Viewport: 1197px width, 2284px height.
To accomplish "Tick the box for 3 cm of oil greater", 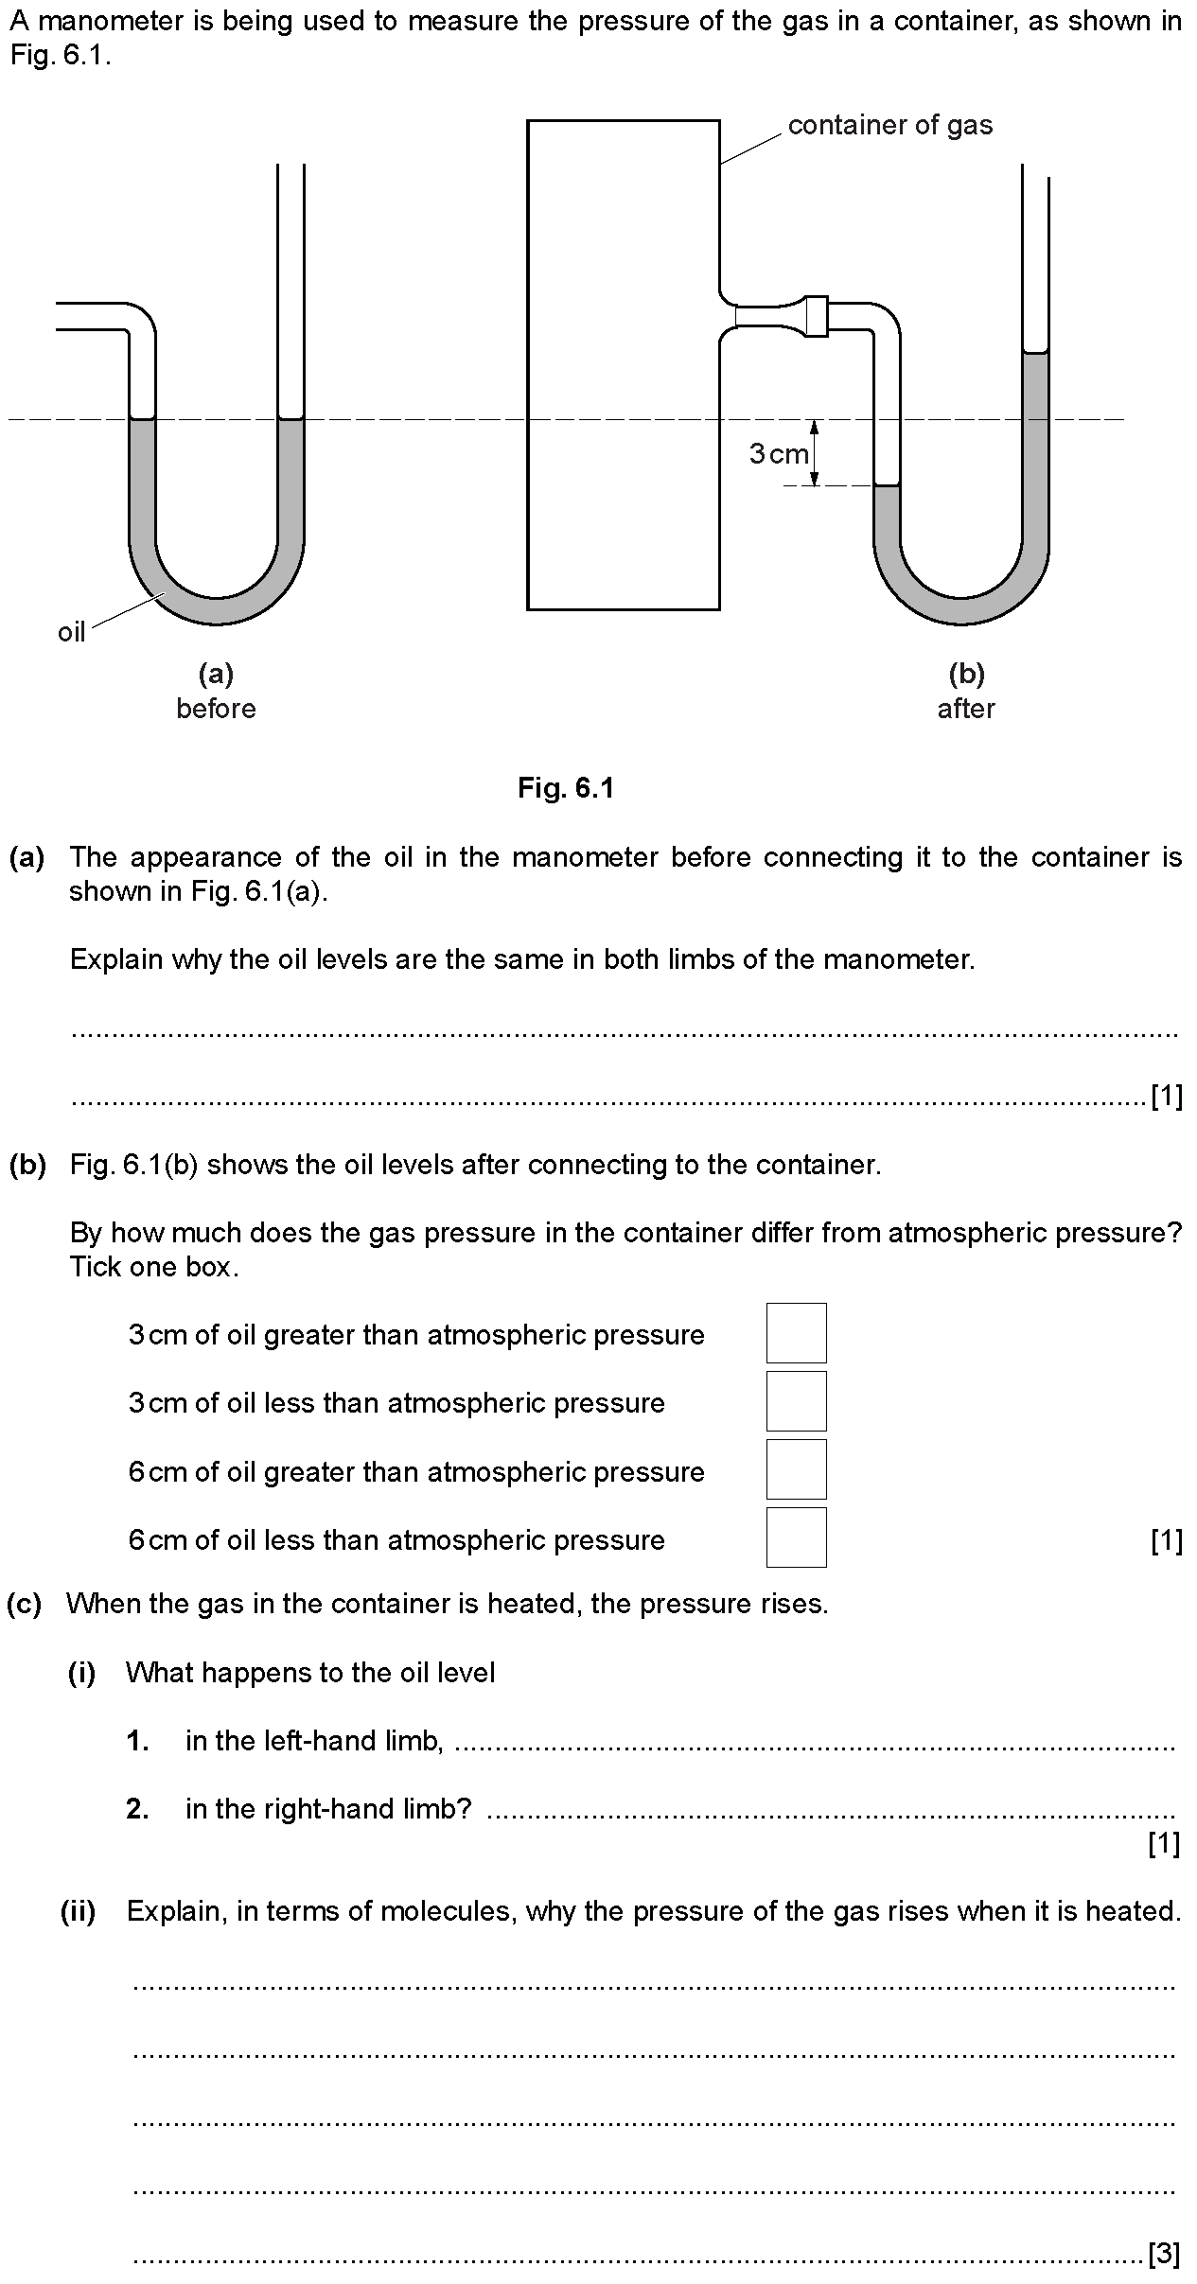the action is tap(796, 1333).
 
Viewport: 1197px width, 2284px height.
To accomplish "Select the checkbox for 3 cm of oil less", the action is tap(796, 1401).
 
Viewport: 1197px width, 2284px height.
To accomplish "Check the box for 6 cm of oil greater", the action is tap(796, 1469).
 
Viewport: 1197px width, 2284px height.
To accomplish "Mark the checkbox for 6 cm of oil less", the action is tap(796, 1537).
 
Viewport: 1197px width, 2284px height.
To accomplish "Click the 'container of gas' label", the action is tap(890, 125).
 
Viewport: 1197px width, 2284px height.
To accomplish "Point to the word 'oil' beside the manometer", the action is tap(72, 632).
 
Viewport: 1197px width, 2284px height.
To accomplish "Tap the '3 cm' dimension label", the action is tap(780, 454).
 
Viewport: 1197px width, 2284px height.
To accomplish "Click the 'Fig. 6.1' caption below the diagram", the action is tap(566, 787).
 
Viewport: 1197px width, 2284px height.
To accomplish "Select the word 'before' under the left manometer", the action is tap(216, 709).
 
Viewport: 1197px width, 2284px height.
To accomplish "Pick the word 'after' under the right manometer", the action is tap(966, 709).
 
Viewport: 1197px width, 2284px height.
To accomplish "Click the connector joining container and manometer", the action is tap(816, 316).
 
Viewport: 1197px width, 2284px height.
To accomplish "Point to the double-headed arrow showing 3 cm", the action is tap(815, 452).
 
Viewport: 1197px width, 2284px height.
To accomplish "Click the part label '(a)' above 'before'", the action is tap(216, 674).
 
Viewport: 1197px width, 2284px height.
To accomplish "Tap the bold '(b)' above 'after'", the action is tap(966, 674).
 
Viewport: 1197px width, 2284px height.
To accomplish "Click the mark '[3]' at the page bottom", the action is tap(1164, 2255).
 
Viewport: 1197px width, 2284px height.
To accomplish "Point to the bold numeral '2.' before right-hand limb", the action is tap(138, 1809).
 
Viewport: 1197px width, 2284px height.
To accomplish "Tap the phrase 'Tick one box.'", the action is tap(153, 1266).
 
